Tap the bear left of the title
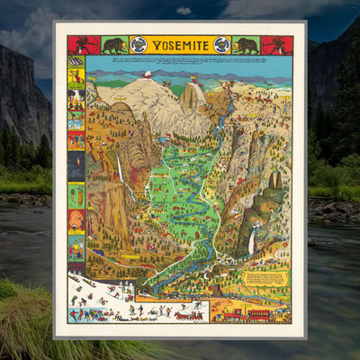[113, 45]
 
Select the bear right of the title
[246, 45]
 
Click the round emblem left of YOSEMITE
[139, 45]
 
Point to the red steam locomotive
[230, 313]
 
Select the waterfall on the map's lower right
[251, 241]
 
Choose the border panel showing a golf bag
[76, 194]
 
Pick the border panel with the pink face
[76, 220]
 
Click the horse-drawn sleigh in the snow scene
[188, 314]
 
